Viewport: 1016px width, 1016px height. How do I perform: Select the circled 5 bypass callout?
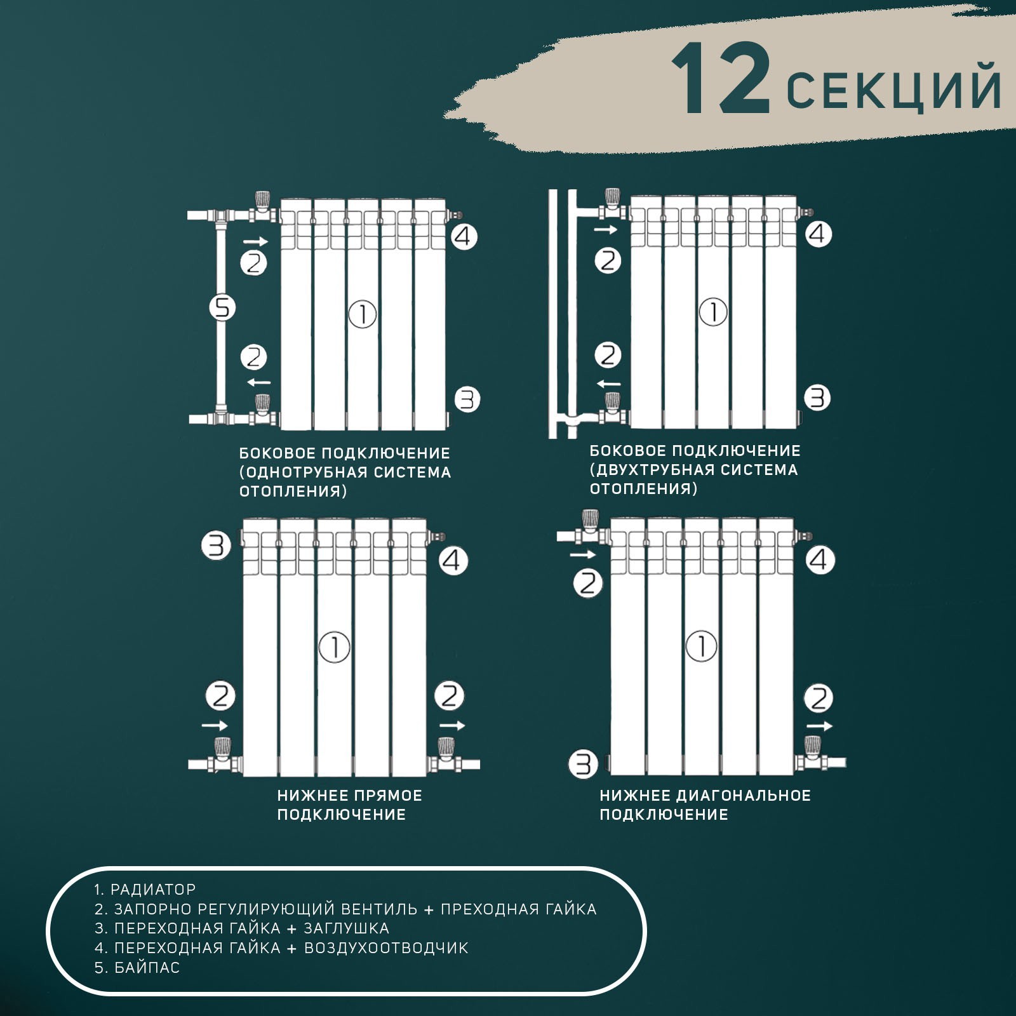[222, 309]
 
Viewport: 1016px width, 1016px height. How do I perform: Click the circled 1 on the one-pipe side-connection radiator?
[363, 314]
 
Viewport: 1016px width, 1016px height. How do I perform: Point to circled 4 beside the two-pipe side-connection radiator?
[818, 234]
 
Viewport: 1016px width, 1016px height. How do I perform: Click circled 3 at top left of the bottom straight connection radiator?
[216, 545]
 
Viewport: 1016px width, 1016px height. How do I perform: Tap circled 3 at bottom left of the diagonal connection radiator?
[582, 764]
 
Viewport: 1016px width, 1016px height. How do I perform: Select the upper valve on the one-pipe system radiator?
[262, 207]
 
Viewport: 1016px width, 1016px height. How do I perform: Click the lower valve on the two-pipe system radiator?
[613, 409]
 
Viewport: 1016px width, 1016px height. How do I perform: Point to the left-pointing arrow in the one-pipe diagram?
[258, 382]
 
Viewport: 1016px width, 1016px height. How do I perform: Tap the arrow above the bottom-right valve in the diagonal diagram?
[819, 726]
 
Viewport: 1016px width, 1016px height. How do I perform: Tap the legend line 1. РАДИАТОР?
[145, 890]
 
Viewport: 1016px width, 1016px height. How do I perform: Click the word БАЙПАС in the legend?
[147, 968]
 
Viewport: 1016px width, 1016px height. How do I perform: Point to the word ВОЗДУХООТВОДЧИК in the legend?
[386, 948]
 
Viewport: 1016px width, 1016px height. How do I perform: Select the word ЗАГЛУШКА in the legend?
[346, 928]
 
